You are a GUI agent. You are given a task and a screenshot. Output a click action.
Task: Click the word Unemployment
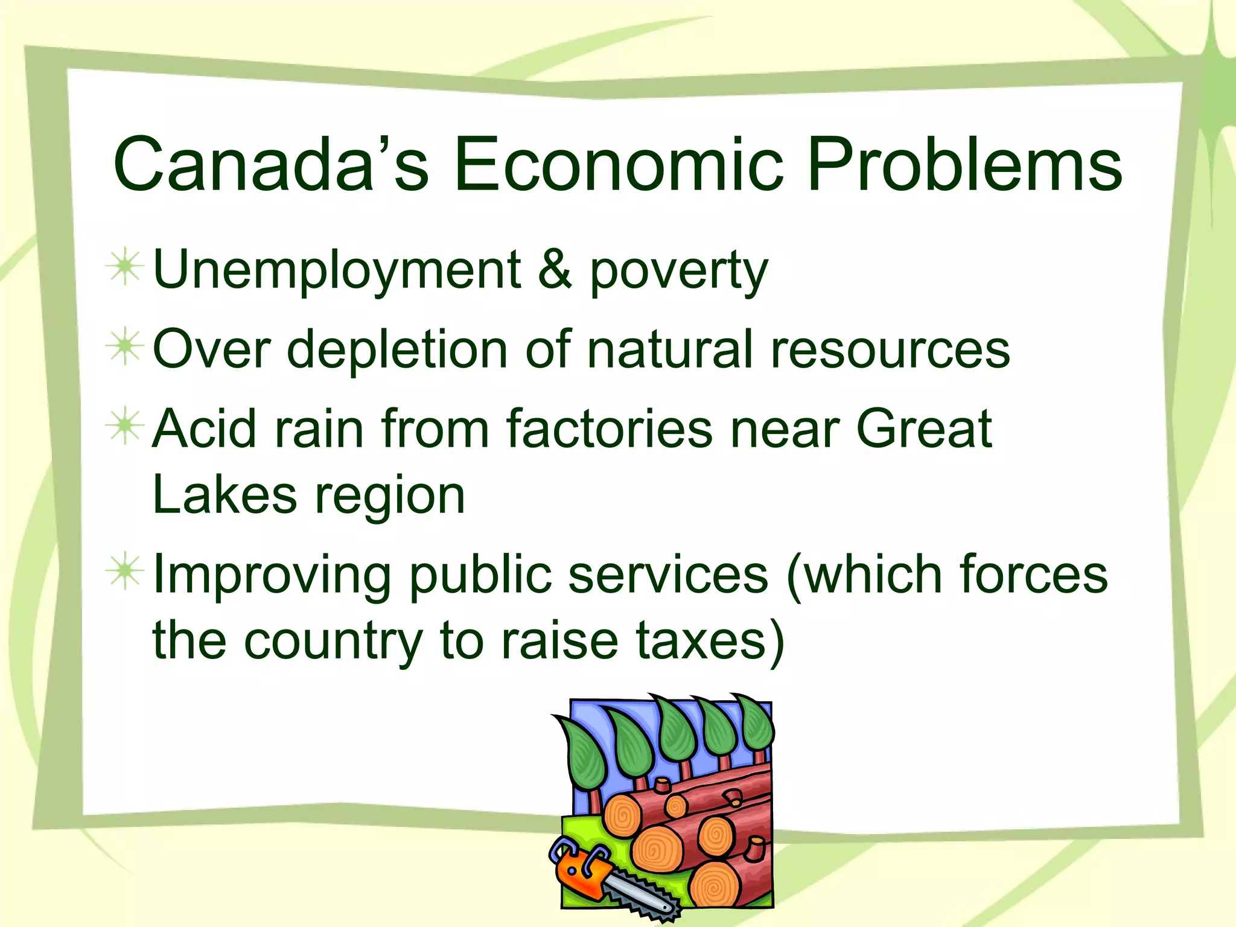(x=337, y=270)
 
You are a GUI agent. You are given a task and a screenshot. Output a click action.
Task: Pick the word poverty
(x=678, y=272)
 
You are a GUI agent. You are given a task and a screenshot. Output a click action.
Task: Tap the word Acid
(x=205, y=428)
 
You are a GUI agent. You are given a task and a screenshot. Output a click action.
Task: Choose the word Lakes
(x=224, y=495)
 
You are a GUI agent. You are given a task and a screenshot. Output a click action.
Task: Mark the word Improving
(x=272, y=575)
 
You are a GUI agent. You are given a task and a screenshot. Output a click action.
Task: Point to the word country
(x=334, y=642)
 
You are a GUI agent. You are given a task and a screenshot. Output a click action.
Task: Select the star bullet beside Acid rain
(x=125, y=425)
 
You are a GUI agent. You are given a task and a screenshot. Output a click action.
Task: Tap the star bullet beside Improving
(x=125, y=571)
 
